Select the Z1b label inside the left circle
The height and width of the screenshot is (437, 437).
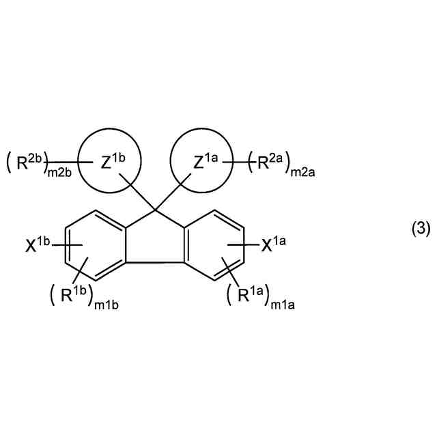[113, 163]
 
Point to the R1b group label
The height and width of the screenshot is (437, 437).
[70, 295]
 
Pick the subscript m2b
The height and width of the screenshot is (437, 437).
[58, 173]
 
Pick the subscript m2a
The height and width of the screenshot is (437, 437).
[299, 173]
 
